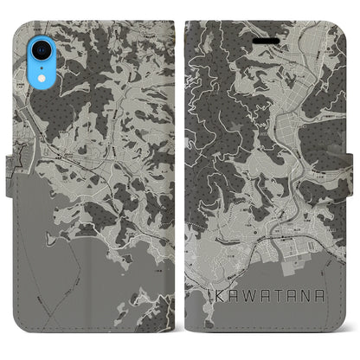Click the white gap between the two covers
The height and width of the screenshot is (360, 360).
coord(180,173)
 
